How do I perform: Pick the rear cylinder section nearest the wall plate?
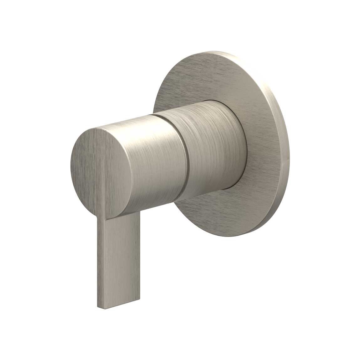213,147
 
